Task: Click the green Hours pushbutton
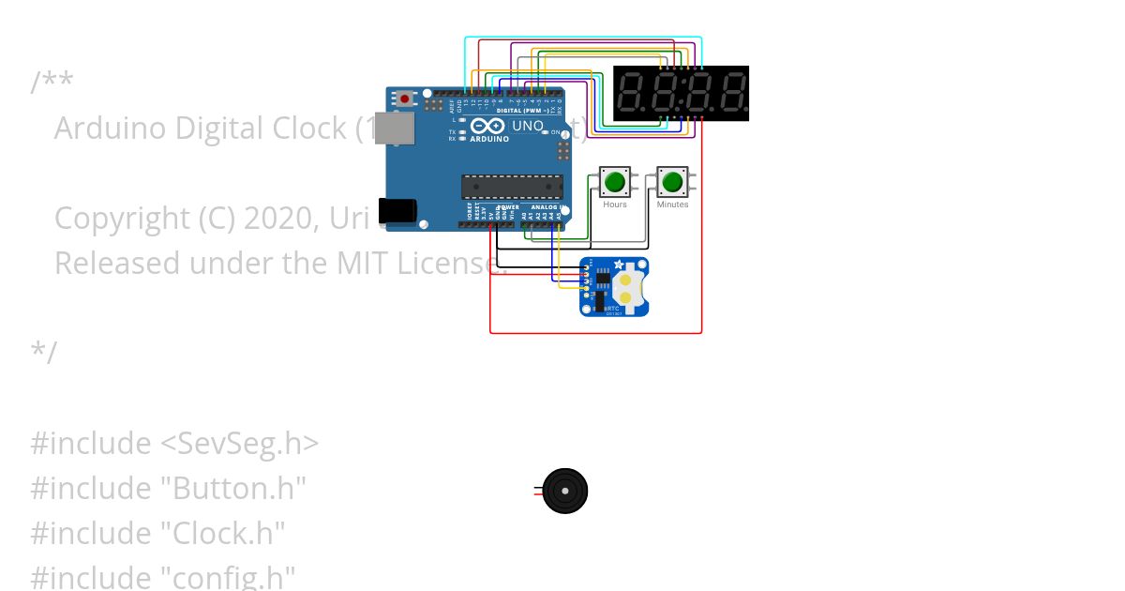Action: pos(615,182)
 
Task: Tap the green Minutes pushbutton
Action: pos(672,182)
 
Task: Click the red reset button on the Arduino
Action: pos(405,98)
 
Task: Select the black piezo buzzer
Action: pos(564,492)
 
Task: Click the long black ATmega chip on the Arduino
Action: pos(512,187)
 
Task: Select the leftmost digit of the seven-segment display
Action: pos(633,93)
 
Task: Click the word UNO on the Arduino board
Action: pos(528,126)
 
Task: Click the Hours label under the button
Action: pos(615,205)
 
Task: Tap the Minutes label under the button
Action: pos(672,205)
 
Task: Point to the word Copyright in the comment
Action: pos(123,218)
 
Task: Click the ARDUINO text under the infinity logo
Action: pos(489,139)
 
